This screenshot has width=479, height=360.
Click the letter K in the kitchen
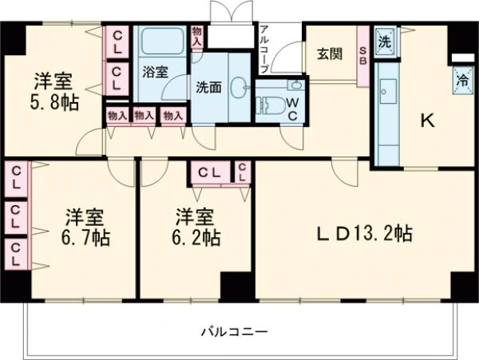(428, 121)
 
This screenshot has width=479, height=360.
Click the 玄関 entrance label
(330, 53)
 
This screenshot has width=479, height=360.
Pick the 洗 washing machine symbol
(386, 40)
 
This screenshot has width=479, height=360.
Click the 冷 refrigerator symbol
(461, 80)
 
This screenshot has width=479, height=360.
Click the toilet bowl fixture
(269, 104)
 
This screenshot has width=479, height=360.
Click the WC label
(293, 108)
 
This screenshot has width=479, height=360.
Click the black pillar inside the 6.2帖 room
(236, 286)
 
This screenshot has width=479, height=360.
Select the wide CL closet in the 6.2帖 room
(210, 172)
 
